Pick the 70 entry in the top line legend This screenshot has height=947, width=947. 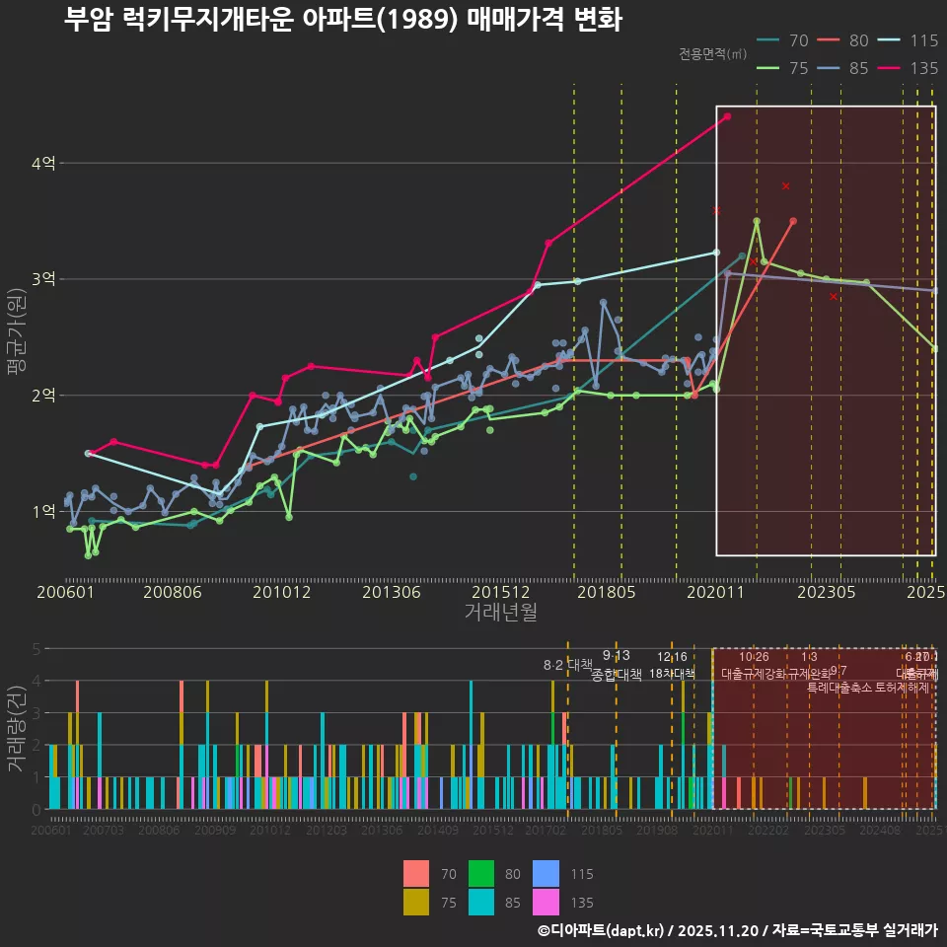point(784,40)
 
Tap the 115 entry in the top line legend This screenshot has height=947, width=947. point(909,40)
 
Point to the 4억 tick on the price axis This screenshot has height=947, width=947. point(42,163)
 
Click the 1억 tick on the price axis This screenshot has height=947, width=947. point(42,511)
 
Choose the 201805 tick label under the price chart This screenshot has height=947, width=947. point(605,592)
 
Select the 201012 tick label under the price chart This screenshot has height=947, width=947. point(281,592)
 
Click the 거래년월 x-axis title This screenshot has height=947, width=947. point(500,612)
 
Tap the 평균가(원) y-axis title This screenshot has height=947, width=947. point(17,335)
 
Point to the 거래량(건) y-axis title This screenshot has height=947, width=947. point(17,730)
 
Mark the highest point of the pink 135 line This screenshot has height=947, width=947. point(727,116)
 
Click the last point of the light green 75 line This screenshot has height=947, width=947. point(934,349)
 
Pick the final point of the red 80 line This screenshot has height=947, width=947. point(793,221)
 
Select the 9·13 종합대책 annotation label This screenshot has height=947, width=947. point(617,666)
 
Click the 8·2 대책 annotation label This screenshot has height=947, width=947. point(567,665)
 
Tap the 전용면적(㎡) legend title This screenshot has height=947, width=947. point(713,54)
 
